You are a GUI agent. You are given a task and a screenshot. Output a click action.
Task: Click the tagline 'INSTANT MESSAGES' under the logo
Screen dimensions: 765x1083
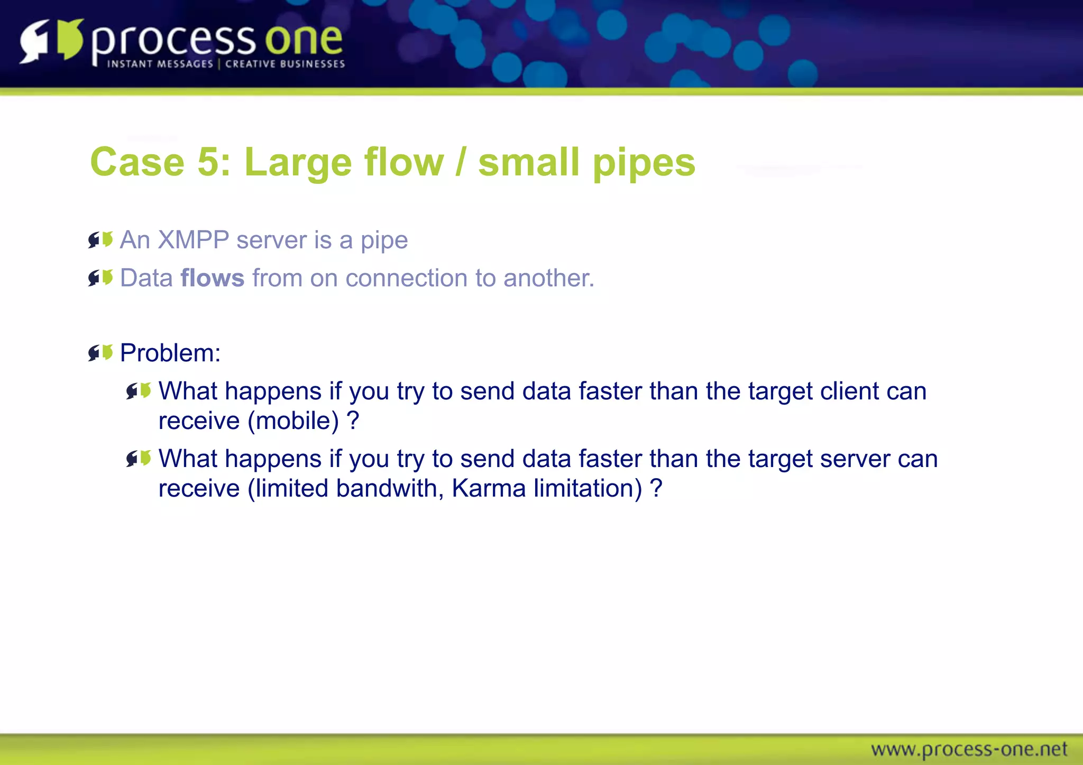160,64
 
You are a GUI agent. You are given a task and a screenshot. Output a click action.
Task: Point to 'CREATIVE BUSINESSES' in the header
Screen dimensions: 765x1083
285,64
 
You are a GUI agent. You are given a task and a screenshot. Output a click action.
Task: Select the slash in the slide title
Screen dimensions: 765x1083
461,162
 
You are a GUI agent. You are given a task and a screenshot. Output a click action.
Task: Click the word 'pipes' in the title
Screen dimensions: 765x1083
644,163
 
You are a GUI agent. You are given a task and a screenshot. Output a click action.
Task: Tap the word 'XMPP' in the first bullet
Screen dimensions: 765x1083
193,240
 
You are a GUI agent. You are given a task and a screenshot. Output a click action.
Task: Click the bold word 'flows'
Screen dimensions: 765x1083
213,278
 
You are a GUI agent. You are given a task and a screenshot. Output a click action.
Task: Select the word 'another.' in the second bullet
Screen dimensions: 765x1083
549,278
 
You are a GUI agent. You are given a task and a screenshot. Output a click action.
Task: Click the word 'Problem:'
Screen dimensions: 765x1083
170,353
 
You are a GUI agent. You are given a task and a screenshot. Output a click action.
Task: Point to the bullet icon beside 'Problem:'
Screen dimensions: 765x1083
100,352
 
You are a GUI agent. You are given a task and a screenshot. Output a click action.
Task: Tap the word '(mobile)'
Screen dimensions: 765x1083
293,421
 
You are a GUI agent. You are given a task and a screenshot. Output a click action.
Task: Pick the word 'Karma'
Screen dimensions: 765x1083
489,488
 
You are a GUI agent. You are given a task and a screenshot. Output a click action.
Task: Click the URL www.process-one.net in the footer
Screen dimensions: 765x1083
969,749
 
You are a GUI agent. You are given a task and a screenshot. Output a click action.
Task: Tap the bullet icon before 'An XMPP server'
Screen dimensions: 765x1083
100,240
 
